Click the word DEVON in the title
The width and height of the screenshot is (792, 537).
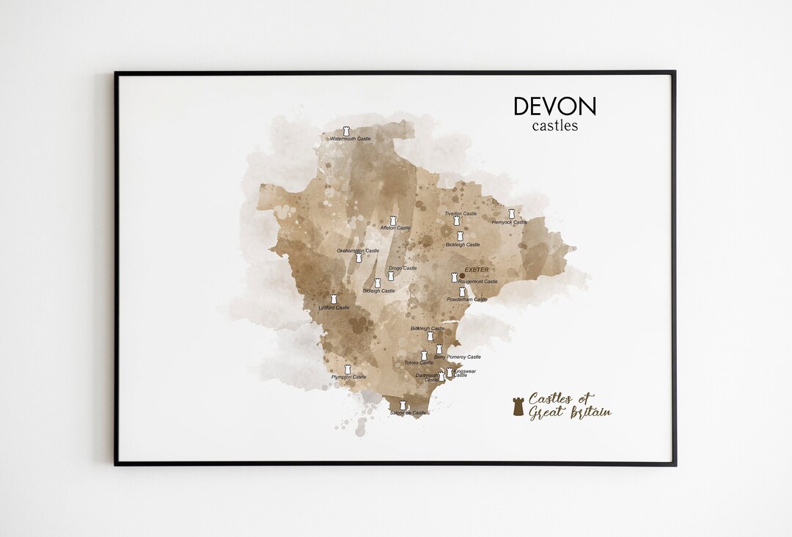(554, 106)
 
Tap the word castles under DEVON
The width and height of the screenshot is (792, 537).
(555, 125)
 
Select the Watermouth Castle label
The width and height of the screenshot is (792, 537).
(350, 139)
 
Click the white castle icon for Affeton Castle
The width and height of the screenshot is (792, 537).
(393, 220)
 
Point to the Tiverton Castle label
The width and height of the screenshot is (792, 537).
(461, 213)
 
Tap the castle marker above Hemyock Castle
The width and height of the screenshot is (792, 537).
(511, 213)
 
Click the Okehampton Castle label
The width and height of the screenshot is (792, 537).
(358, 251)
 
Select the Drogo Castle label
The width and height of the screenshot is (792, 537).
(403, 268)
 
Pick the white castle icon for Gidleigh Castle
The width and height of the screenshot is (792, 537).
(378, 282)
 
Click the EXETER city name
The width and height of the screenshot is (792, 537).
(476, 269)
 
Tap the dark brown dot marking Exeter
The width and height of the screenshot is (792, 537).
(462, 276)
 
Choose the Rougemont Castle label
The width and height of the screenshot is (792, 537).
(478, 282)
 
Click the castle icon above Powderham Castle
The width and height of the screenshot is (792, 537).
(462, 291)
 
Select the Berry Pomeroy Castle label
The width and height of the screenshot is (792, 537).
(458, 357)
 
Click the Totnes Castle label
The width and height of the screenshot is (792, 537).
(419, 362)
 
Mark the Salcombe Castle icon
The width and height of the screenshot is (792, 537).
(402, 404)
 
